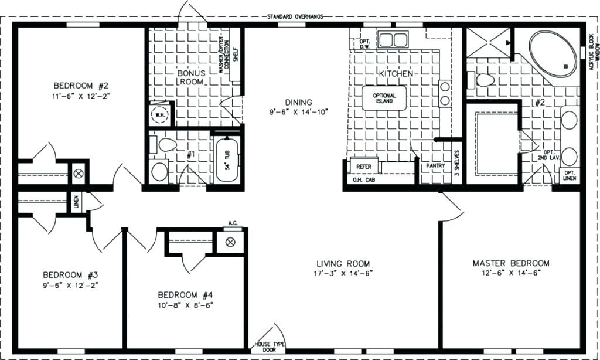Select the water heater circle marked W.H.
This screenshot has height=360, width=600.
159,115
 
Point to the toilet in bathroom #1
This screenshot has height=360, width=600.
166,144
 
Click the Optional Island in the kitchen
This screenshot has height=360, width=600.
384,99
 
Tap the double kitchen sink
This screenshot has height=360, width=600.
393,40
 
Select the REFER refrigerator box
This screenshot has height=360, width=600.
364,167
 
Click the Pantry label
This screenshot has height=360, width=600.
433,166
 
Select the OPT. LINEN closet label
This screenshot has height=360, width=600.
568,175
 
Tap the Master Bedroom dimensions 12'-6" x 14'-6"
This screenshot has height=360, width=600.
511,273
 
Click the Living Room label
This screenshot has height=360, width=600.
343,264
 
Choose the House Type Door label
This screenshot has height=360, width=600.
270,347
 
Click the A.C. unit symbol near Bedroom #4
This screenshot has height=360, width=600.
230,242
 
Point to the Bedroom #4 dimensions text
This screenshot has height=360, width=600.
185,304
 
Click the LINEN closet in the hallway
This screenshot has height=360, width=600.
77,202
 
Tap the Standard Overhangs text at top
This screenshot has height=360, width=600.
295,16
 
